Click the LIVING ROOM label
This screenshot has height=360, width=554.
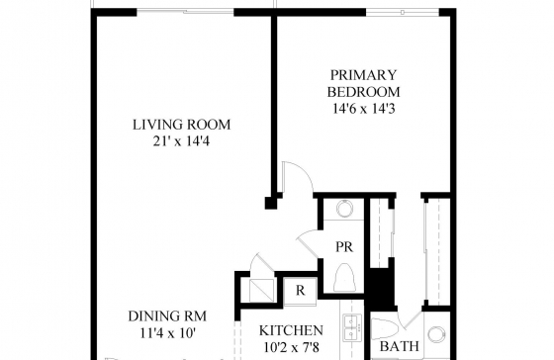click(182, 125)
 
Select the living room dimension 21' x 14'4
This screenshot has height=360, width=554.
click(182, 141)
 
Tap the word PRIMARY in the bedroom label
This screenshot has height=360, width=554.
click(364, 75)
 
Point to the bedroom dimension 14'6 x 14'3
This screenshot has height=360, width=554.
click(364, 109)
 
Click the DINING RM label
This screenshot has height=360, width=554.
click(167, 316)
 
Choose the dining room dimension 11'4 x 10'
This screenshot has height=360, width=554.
click(168, 332)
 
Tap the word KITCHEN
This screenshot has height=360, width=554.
click(291, 330)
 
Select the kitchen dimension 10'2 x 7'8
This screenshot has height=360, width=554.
click(292, 347)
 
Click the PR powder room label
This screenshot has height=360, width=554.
click(344, 247)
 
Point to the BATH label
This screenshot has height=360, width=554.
click(400, 346)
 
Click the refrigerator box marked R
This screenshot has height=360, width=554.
click(300, 291)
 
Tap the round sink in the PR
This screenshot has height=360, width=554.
click(343, 209)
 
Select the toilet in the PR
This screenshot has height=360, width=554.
click(344, 278)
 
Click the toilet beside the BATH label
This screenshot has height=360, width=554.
click(385, 328)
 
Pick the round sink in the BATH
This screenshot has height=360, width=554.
click(437, 334)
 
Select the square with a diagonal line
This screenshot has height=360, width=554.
click(262, 291)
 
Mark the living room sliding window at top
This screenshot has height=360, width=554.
click(185, 12)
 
